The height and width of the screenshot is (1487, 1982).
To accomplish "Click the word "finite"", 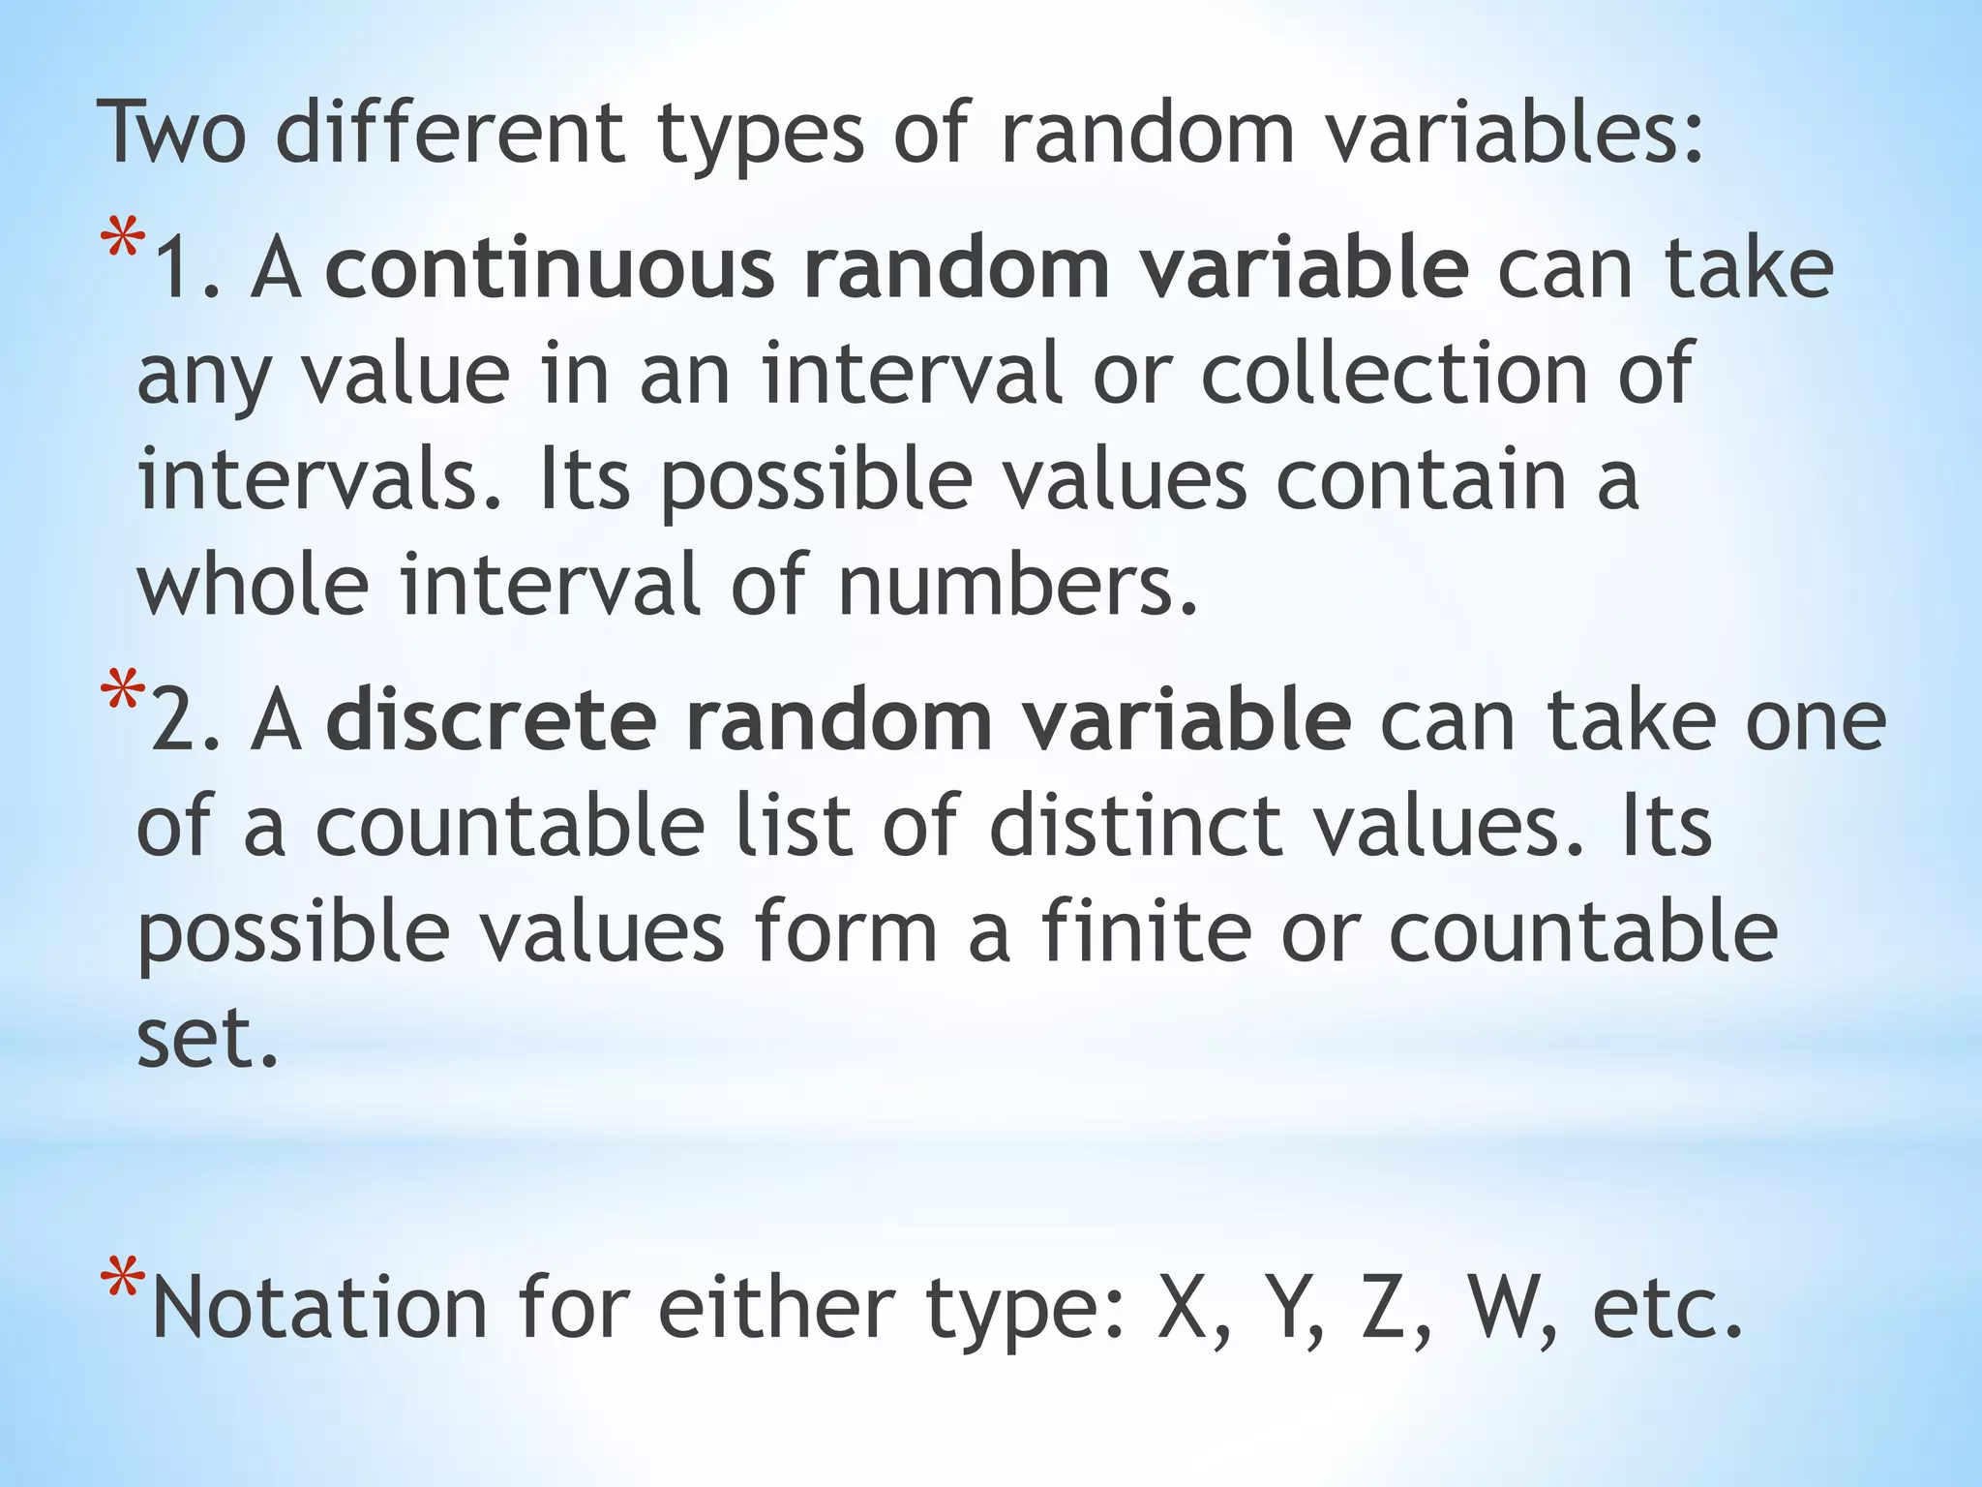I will [1146, 930].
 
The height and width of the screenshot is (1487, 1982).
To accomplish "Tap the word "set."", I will [207, 1038].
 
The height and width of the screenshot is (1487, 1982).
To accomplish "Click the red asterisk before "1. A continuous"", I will [122, 241].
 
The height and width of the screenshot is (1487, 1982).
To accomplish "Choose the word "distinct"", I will [1136, 826].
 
